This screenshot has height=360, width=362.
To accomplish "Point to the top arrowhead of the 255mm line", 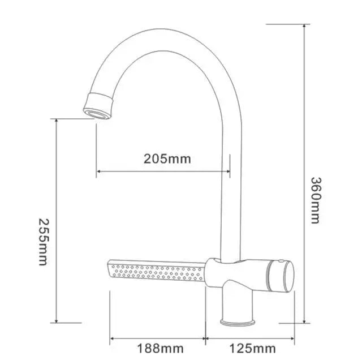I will point(57,121).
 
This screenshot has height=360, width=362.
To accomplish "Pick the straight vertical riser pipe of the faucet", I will point(231,198).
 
